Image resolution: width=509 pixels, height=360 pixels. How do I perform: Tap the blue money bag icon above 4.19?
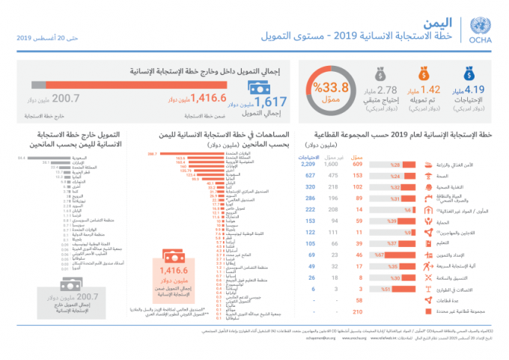(x=469, y=74)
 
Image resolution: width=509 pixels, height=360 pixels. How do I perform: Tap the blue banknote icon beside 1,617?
(x=260, y=91)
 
